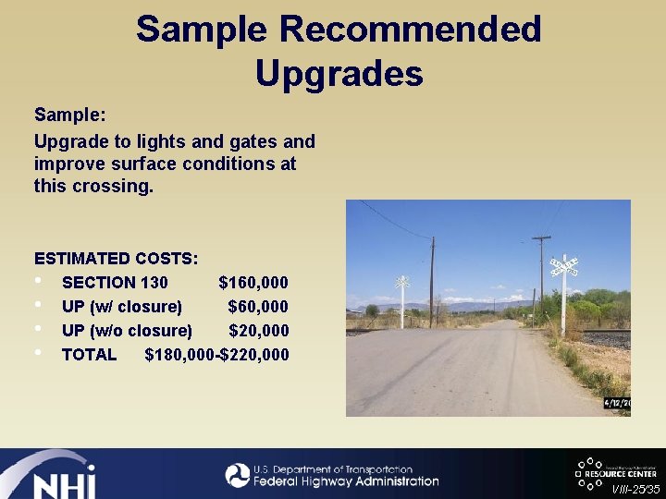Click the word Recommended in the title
410,30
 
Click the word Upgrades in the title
339,73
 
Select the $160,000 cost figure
253,283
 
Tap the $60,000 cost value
257,307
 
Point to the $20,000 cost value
258,331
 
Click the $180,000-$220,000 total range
216,355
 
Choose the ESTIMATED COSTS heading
116,259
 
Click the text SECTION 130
115,283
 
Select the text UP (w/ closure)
121,307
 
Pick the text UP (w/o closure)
127,331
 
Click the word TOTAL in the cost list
89,355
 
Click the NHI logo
55,477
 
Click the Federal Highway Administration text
346,481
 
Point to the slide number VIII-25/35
635,488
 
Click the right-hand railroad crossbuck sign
563,267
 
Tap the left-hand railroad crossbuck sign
402,282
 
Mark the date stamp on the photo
617,403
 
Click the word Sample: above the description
70,116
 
